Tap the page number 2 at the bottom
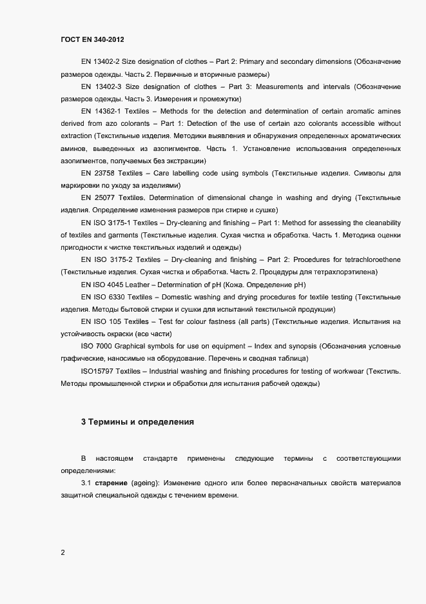tap(63, 552)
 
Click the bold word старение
tap(110, 483)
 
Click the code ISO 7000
tap(97, 347)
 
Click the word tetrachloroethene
tap(367, 259)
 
